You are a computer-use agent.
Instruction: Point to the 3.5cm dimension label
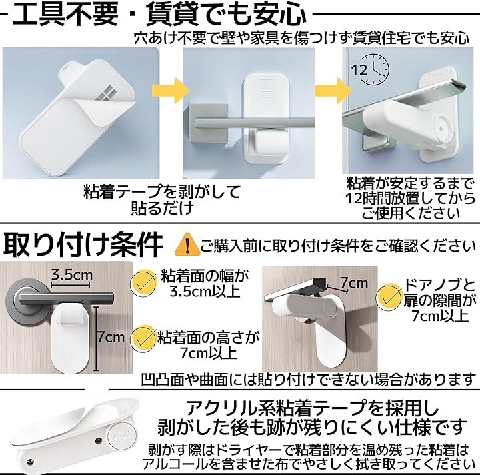click(71, 274)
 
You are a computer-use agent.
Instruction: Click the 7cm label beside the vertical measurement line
click(111, 337)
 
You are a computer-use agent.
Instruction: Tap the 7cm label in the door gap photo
click(354, 282)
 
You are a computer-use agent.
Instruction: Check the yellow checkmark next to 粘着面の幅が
click(143, 282)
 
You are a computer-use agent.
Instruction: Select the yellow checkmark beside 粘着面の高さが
click(143, 339)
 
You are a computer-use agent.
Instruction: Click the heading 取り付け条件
click(83, 244)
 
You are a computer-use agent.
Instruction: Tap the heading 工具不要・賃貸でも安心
click(159, 15)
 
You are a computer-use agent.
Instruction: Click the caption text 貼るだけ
click(163, 208)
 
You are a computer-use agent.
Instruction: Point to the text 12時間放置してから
click(410, 198)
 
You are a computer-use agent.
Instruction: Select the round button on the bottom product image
click(120, 432)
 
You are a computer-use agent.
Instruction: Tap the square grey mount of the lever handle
click(209, 123)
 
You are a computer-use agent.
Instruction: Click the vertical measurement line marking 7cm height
click(97, 338)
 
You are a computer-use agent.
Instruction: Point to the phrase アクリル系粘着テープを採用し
click(312, 408)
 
